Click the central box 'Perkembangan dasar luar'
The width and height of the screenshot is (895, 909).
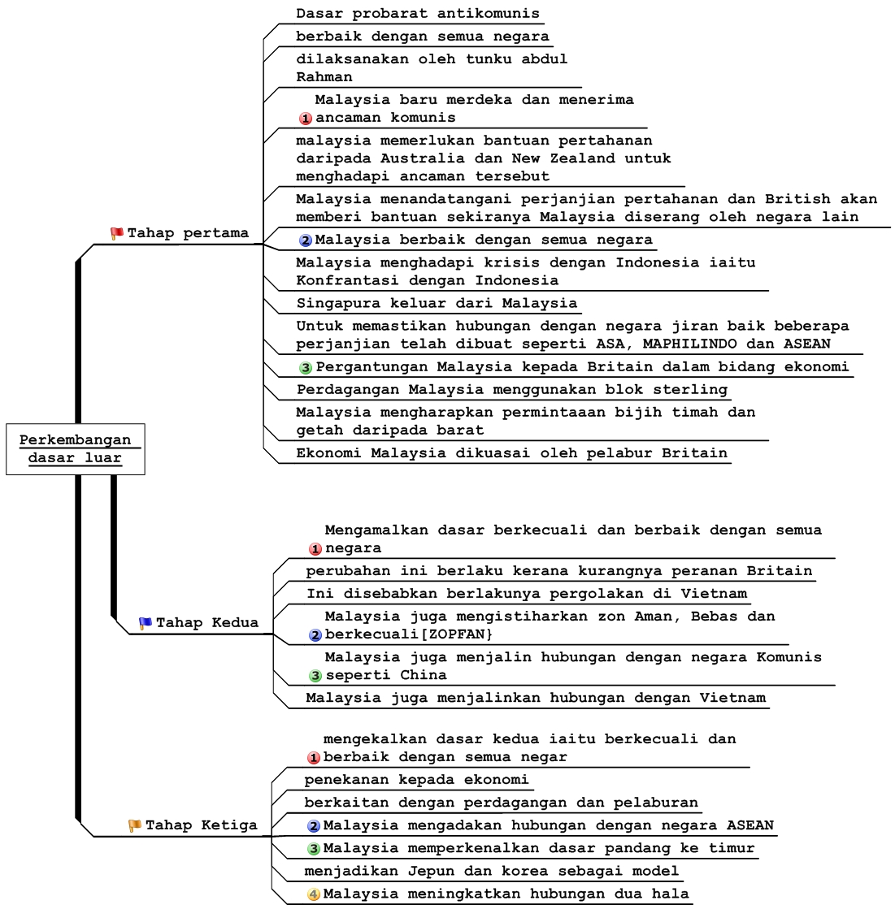pos(75,448)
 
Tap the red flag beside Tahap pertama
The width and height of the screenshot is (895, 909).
pos(116,234)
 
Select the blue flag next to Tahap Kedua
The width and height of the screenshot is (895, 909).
pos(146,623)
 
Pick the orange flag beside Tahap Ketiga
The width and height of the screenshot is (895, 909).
pos(135,825)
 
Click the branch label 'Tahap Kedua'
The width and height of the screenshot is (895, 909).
pos(206,623)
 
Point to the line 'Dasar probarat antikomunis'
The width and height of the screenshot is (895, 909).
pos(417,14)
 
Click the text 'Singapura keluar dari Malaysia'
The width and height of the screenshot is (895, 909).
pos(437,303)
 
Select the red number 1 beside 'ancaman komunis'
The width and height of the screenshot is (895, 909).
pos(306,119)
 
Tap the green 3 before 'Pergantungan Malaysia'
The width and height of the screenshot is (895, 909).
pos(306,367)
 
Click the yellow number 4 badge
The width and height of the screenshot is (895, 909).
pos(314,894)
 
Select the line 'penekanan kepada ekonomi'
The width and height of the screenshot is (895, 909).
pos(416,780)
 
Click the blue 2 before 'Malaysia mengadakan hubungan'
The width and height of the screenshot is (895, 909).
pos(314,826)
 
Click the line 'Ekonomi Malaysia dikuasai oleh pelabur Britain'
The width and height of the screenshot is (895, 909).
pos(511,452)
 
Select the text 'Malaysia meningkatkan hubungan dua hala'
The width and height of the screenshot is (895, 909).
pos(506,894)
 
